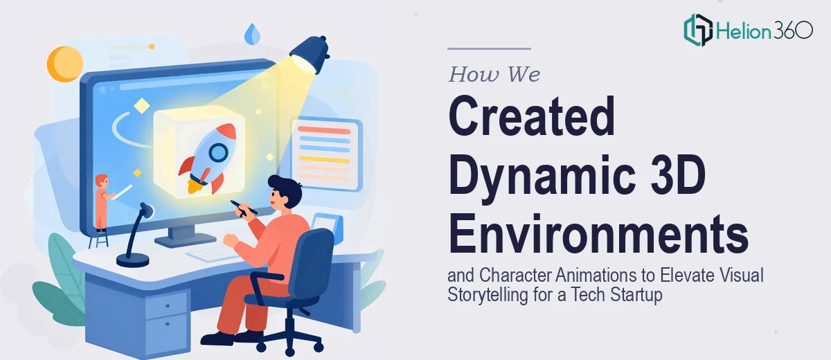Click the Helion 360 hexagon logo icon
pos(698,30)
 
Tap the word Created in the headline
pos(532,116)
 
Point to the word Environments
pos(598,234)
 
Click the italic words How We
pos(494,74)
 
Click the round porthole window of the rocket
pos(218,152)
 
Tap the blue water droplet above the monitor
pos(252,33)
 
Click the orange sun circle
pos(65,64)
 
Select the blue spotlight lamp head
pos(310,54)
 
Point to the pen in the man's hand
pos(243,208)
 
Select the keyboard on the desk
pos(213,254)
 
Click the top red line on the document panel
pos(324,130)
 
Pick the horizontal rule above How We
pos(489,48)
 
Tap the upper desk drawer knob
pos(168,306)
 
